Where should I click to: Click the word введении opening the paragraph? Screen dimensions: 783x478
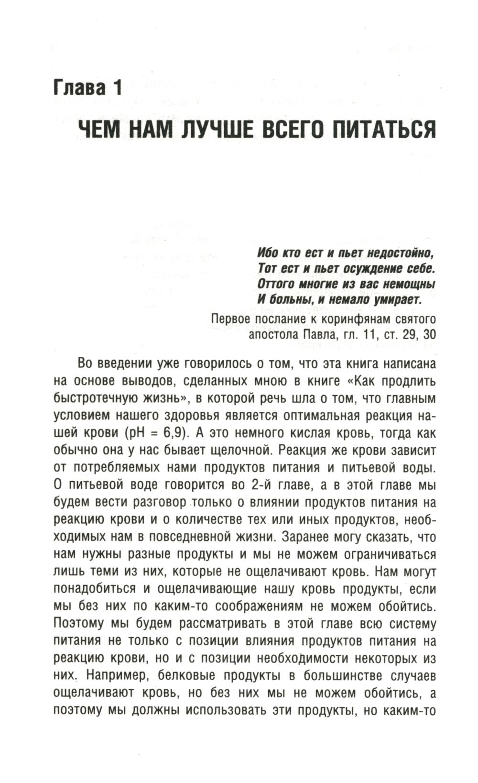tap(125, 364)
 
